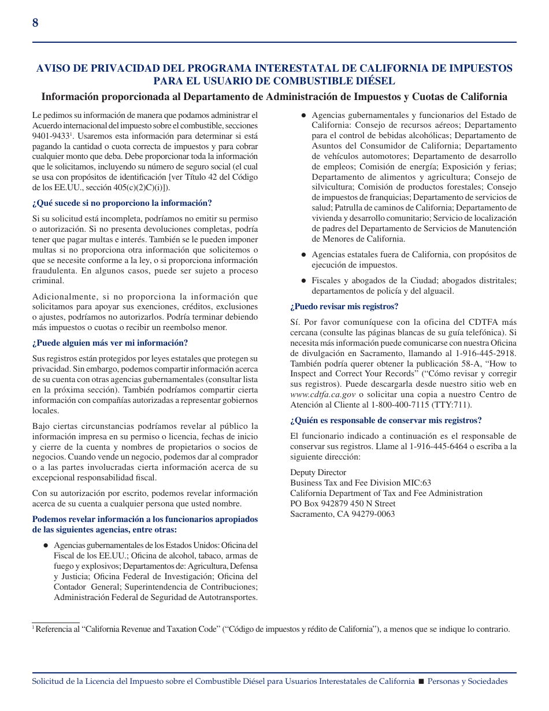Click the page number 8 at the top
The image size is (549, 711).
(x=35, y=23)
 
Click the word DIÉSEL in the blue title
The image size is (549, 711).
(x=375, y=81)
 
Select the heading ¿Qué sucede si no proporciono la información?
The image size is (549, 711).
(x=122, y=203)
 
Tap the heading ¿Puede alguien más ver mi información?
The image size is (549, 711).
(x=110, y=343)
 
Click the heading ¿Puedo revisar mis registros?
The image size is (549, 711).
(x=344, y=307)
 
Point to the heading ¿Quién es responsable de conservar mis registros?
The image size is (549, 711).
(x=385, y=421)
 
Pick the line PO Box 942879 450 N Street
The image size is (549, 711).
(x=343, y=504)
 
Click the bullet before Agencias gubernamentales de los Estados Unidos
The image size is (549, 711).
(x=45, y=546)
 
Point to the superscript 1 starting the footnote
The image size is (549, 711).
(x=34, y=628)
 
